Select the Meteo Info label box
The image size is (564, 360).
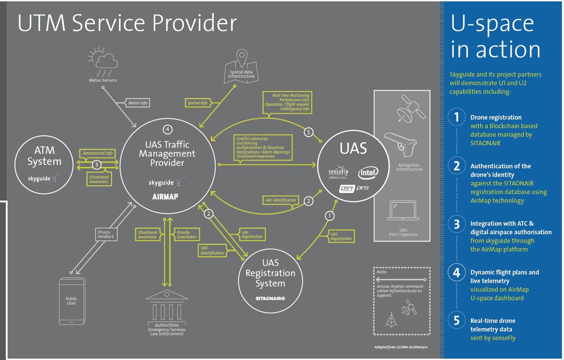(137, 103)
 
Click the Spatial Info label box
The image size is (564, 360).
(197, 103)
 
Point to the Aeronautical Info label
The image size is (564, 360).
(97, 153)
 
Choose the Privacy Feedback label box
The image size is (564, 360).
(106, 234)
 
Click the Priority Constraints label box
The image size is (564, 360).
(186, 235)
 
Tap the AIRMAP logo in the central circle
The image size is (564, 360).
(165, 197)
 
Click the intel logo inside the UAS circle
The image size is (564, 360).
(368, 173)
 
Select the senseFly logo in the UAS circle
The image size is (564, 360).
(338, 172)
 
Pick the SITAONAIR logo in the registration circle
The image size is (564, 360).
(270, 298)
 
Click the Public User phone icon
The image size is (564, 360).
(72, 301)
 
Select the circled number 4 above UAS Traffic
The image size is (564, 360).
(167, 130)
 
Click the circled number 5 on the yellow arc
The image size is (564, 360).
(308, 132)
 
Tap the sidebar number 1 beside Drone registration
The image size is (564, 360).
(456, 117)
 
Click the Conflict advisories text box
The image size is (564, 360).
(263, 147)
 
